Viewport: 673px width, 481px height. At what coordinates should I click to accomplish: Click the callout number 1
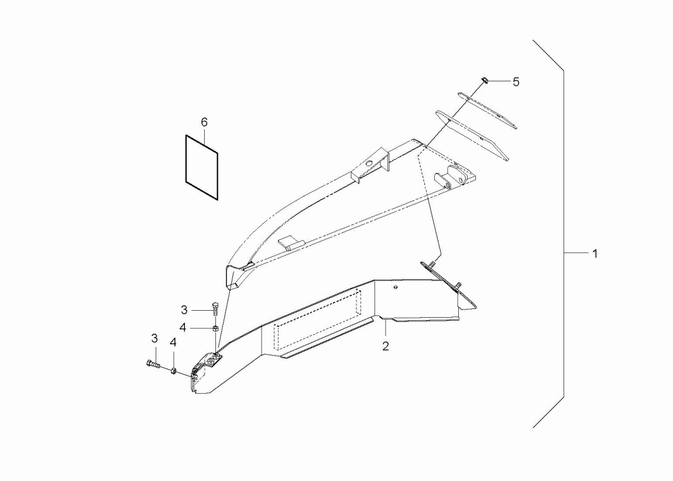coord(595,253)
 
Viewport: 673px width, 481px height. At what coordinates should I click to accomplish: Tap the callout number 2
coord(386,346)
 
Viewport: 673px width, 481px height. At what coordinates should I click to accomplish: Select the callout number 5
coord(516,81)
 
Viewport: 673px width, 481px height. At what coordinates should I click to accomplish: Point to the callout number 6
coord(204,122)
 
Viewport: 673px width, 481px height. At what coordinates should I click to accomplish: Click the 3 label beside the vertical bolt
coord(184,310)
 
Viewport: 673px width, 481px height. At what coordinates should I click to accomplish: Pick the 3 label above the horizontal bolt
coord(154,339)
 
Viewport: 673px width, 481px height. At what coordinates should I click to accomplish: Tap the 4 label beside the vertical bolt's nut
coord(183,328)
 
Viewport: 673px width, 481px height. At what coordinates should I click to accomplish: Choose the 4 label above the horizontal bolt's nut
coord(173,342)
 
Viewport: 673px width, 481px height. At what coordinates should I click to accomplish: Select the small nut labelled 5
coord(483,80)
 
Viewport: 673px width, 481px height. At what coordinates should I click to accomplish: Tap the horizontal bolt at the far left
coord(153,365)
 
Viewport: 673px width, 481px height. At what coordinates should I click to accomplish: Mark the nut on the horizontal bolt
coord(173,370)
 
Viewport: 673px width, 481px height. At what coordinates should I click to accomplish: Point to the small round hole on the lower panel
coord(395,287)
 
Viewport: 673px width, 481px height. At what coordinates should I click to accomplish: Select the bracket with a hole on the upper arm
coord(370,165)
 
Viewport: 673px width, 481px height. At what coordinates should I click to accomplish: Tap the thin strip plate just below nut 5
coord(487,109)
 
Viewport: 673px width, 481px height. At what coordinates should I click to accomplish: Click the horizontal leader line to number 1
coord(576,253)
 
